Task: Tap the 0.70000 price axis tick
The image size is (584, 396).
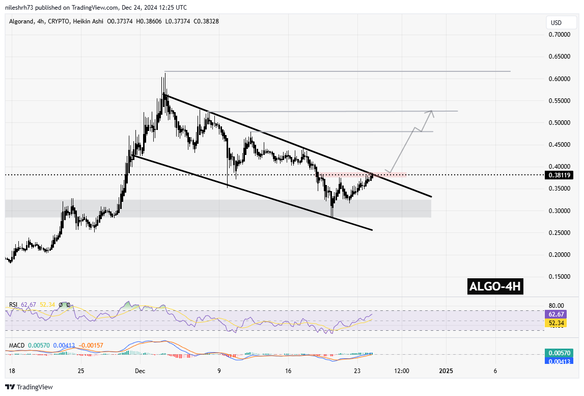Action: click(559, 35)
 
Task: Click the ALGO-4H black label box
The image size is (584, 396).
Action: click(495, 287)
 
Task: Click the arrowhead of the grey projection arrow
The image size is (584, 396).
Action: click(432, 112)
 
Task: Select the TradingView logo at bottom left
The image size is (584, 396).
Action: click(29, 387)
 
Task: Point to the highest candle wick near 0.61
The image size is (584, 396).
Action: click(164, 74)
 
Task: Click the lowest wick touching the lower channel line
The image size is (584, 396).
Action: click(332, 217)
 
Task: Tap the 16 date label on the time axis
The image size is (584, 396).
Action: click(288, 371)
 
